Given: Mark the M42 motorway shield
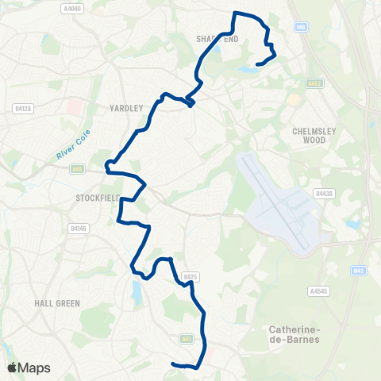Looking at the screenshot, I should [359, 271].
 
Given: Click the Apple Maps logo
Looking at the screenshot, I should [29, 368].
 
